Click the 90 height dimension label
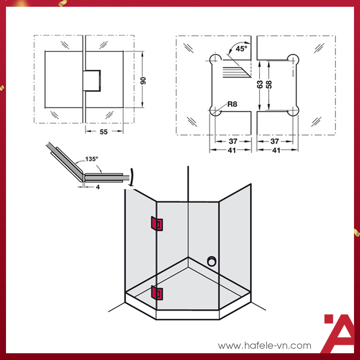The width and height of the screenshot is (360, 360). click(x=143, y=80)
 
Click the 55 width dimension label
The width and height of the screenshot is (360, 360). click(x=104, y=132)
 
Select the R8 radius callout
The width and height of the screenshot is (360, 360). click(x=232, y=104)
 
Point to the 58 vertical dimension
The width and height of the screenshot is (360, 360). click(x=268, y=84)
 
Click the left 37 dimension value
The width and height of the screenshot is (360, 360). click(x=233, y=141)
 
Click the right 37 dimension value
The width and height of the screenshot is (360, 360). click(x=275, y=141)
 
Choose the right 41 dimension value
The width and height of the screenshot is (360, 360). click(x=276, y=150)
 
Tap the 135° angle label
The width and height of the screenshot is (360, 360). click(x=91, y=159)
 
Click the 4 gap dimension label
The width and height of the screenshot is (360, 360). click(x=97, y=186)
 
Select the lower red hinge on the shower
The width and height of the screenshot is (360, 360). click(x=157, y=293)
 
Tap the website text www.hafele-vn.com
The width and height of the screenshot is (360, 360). click(x=265, y=346)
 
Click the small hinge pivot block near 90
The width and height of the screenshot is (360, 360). click(x=92, y=81)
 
